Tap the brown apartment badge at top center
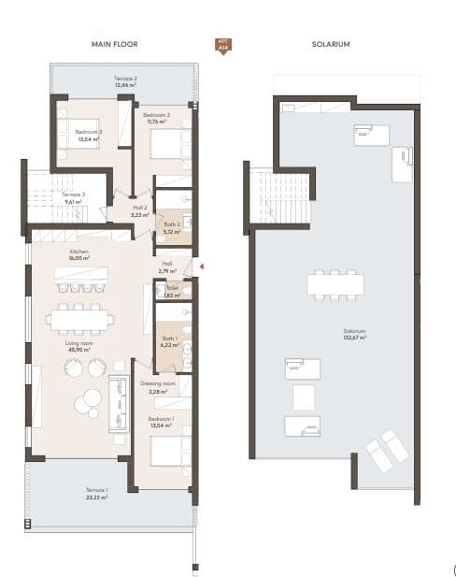click(x=222, y=45)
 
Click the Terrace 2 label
click(x=126, y=79)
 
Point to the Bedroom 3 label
click(x=90, y=133)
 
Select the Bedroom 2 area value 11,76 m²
click(x=155, y=122)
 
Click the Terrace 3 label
click(x=74, y=195)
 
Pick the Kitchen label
click(x=79, y=252)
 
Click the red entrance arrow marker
click(x=200, y=267)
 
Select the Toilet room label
click(x=171, y=288)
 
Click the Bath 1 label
click(x=170, y=339)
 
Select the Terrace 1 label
click(x=98, y=491)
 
